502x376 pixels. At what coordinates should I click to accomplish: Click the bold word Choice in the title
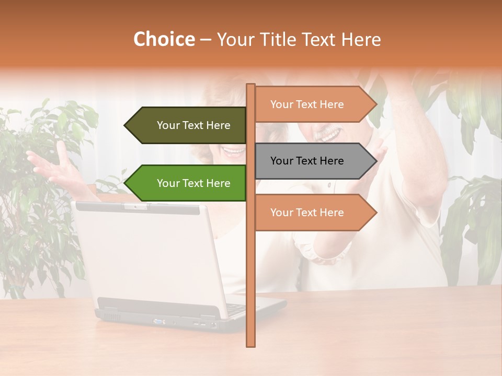click(x=164, y=40)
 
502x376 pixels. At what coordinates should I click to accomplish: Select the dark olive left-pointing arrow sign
click(x=188, y=125)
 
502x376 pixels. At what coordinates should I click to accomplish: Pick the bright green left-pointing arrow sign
click(x=188, y=183)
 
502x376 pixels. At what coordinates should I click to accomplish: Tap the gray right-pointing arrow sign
click(x=311, y=161)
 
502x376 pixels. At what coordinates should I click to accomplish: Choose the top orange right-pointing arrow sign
click(x=311, y=104)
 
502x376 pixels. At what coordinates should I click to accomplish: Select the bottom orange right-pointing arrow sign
click(x=311, y=213)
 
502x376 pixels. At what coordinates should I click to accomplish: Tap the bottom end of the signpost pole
click(x=250, y=344)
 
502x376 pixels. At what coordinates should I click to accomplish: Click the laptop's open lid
click(x=146, y=256)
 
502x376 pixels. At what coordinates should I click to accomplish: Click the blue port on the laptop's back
click(x=156, y=321)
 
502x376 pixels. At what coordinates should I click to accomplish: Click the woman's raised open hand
click(x=52, y=167)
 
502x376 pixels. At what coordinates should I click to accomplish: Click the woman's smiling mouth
click(x=233, y=151)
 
